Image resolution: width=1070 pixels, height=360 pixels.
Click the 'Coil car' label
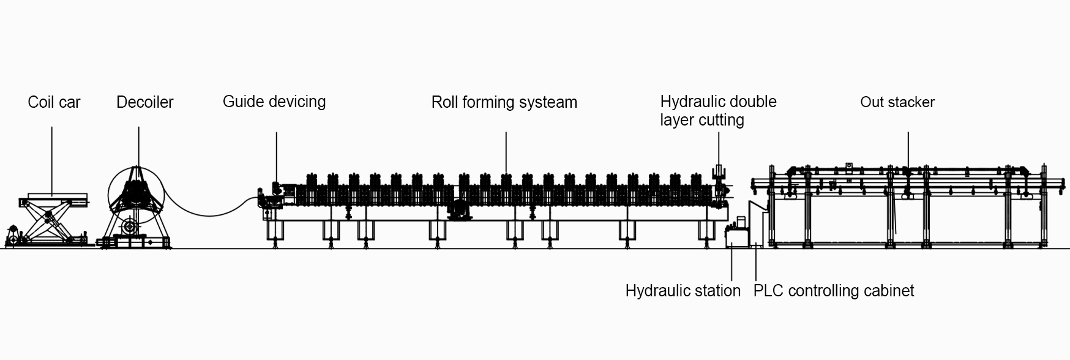(x=54, y=102)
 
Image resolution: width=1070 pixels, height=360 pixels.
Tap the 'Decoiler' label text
(x=144, y=102)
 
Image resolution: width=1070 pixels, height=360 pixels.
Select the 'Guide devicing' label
(x=274, y=102)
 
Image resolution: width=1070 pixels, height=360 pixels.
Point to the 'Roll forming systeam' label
(x=504, y=102)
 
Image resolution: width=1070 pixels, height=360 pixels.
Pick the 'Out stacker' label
(x=897, y=102)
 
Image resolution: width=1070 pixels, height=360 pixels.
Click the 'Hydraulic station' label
(x=683, y=290)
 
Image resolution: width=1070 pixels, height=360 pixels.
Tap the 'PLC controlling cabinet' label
(x=833, y=290)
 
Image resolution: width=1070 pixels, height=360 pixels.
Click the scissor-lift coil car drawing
(x=48, y=220)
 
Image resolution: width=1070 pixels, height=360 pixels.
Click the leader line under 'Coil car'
(x=51, y=159)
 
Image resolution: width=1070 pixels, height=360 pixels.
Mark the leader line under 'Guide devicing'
(x=276, y=156)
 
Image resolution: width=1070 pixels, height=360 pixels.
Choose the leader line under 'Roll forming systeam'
(x=506, y=153)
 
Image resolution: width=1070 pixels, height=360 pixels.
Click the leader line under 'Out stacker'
(x=908, y=150)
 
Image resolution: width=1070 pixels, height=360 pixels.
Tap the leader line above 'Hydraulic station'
(x=732, y=263)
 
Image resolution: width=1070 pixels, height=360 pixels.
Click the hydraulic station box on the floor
(x=736, y=236)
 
